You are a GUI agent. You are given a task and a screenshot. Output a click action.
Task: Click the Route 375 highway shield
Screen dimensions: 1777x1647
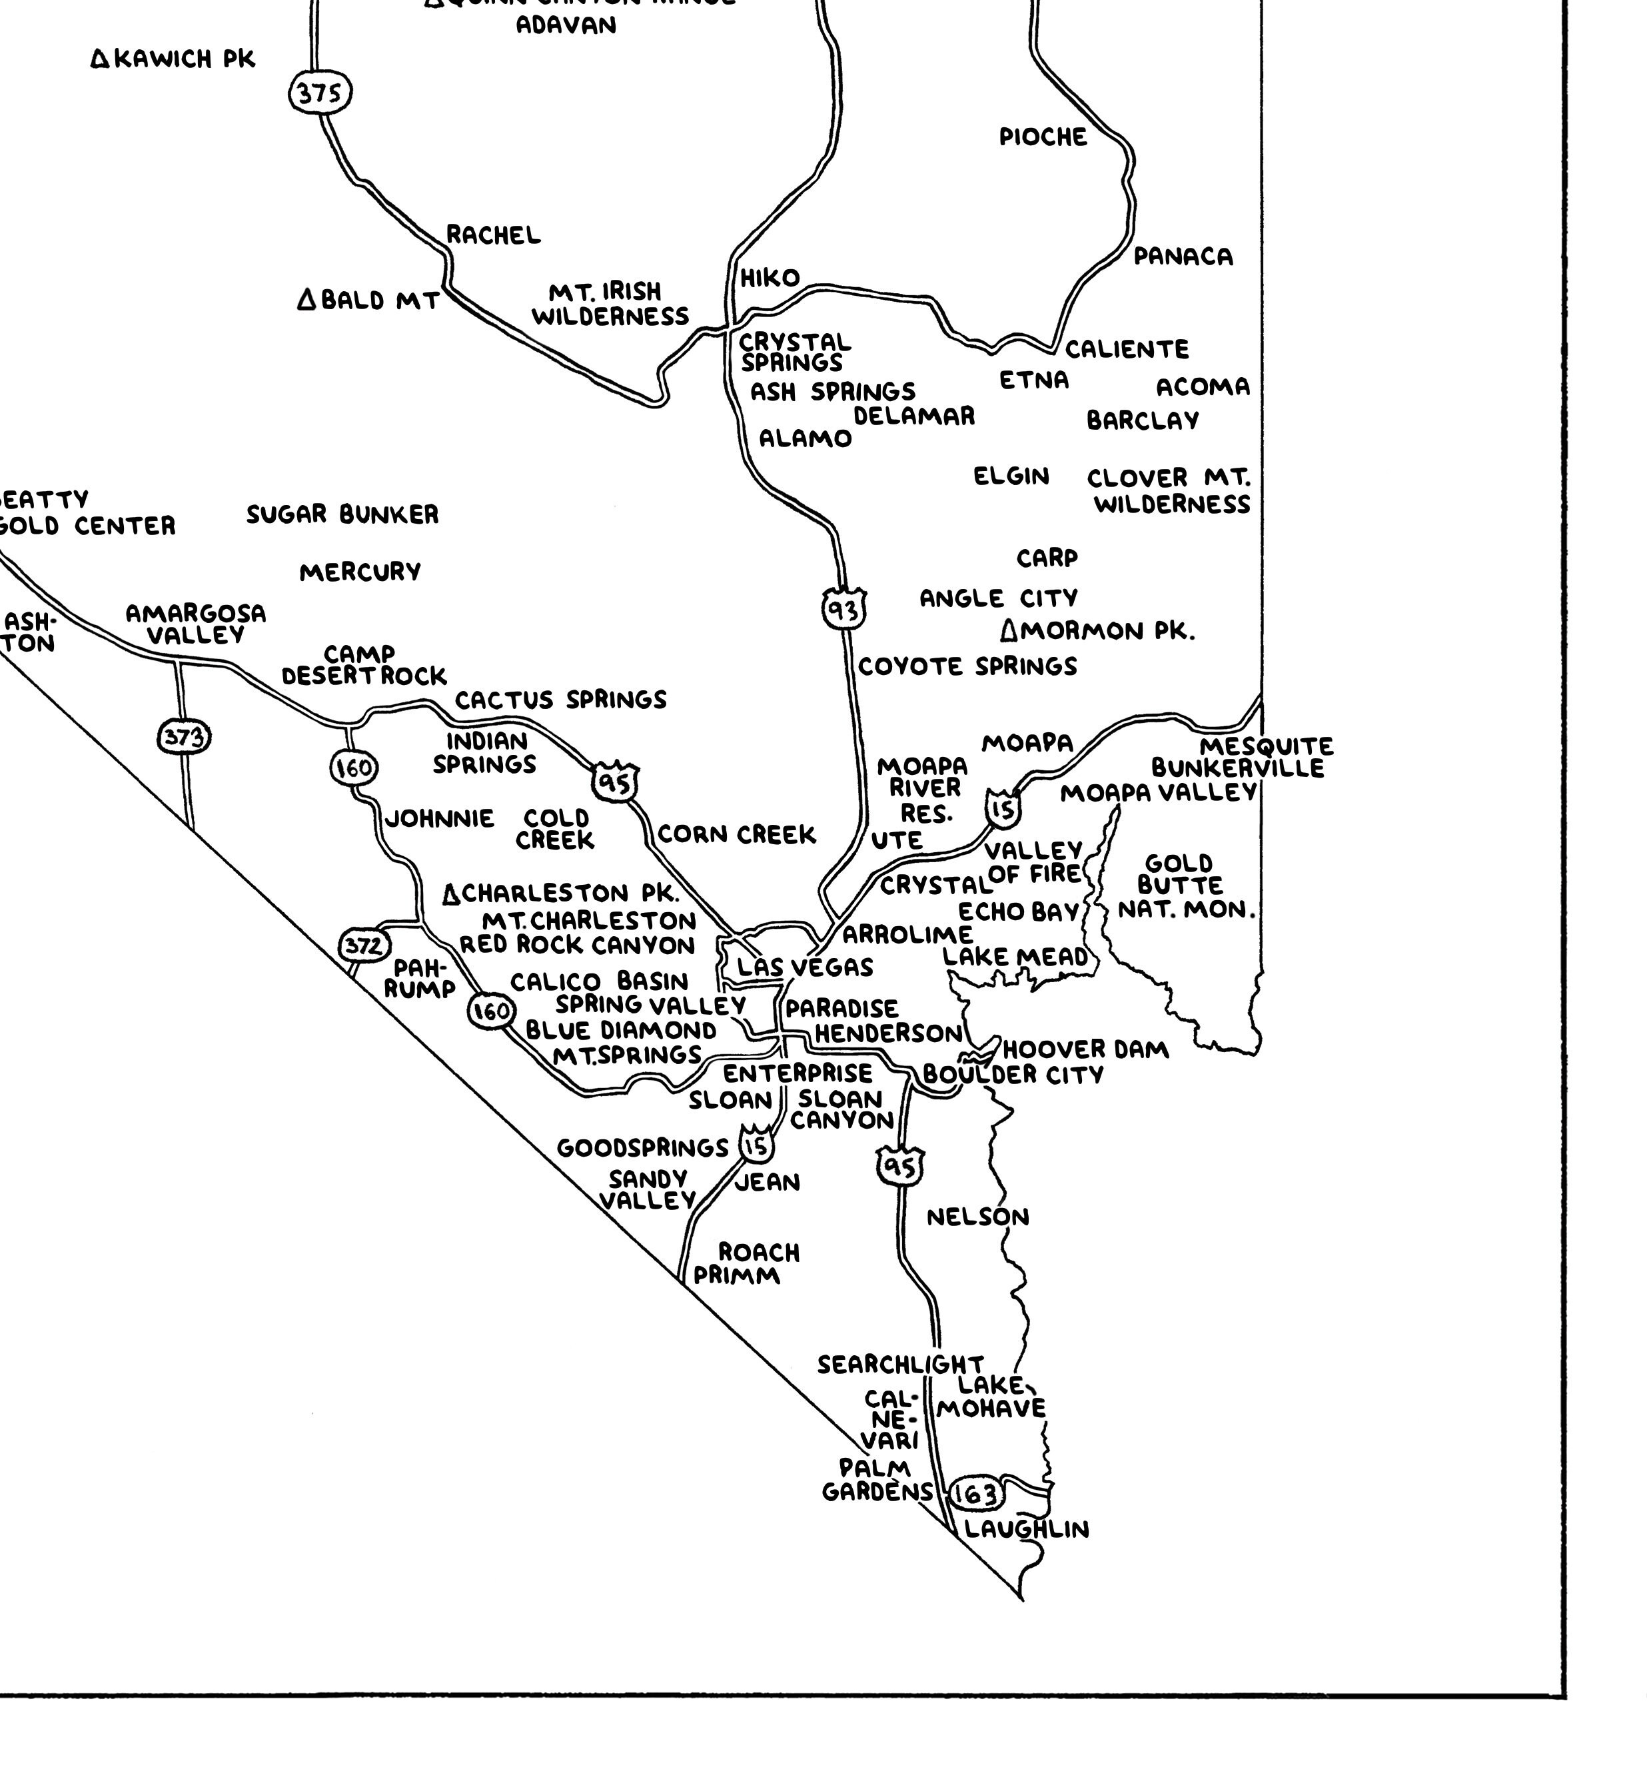coord(320,93)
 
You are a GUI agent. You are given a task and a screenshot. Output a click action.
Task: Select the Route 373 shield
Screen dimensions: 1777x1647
coord(185,737)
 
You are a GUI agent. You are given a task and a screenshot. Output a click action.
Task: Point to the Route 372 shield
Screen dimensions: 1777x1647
coord(364,945)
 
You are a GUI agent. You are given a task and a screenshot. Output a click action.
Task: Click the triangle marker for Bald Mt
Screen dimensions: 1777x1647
coord(306,299)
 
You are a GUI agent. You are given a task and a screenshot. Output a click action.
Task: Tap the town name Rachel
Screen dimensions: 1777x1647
coord(493,235)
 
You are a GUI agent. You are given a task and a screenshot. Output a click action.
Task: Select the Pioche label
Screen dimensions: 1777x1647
coord(1043,137)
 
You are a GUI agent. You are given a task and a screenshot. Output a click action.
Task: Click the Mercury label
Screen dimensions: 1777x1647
coord(360,572)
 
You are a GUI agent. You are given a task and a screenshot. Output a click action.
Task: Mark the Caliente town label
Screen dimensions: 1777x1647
coord(1127,348)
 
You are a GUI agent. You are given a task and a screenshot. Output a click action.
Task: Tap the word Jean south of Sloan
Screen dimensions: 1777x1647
coord(768,1183)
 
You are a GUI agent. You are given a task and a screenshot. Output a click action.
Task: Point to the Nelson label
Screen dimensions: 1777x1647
coord(977,1217)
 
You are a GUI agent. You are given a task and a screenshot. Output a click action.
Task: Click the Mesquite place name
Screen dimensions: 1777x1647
coord(1265,746)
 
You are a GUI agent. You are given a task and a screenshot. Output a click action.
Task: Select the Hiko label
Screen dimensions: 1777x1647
coord(770,278)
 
